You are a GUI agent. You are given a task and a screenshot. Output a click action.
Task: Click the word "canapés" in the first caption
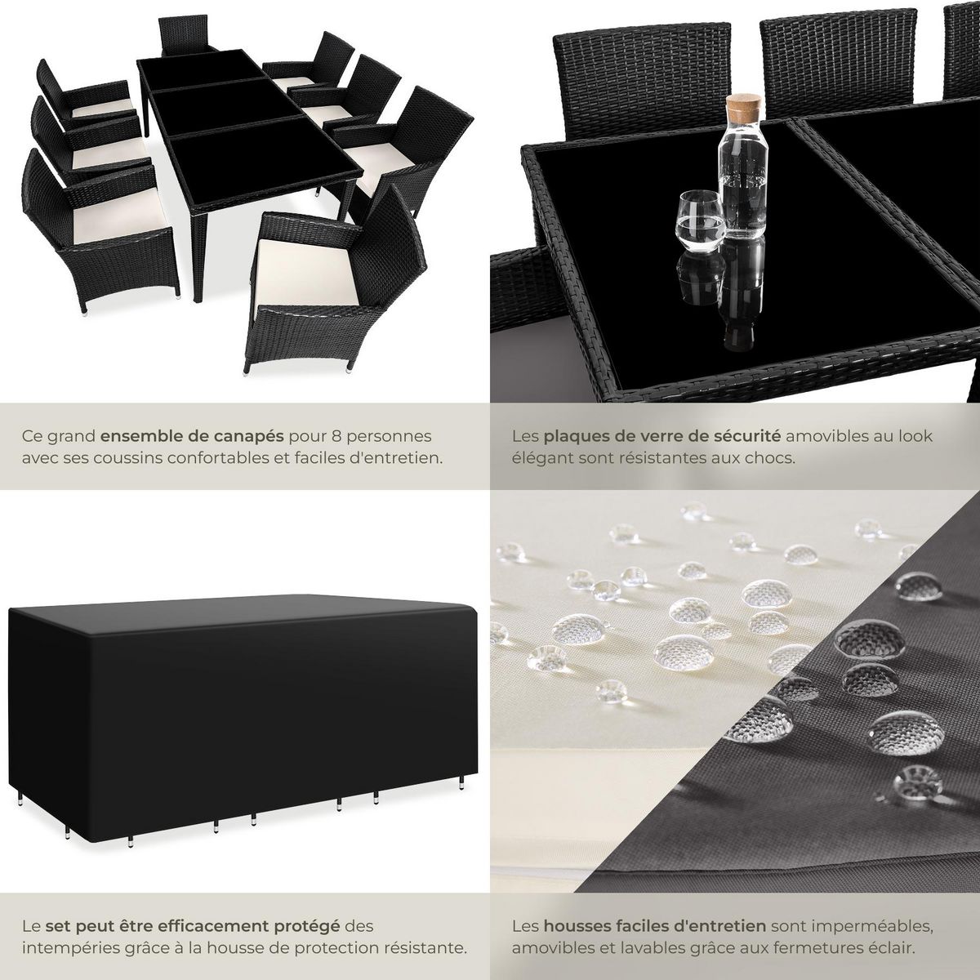pos(258,436)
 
